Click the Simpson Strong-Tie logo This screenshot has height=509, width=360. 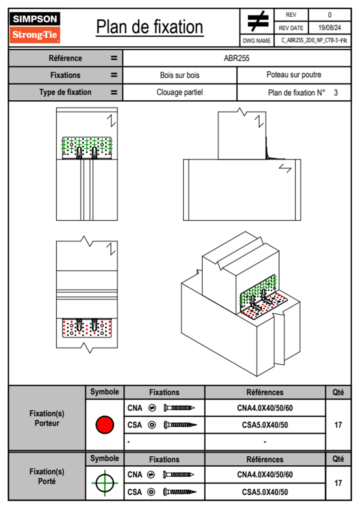coord(35,27)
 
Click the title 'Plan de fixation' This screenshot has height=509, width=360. coord(149,27)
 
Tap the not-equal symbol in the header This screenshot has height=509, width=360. coord(257,21)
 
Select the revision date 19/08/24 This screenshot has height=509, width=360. coord(329,28)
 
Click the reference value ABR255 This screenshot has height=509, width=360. coord(237,58)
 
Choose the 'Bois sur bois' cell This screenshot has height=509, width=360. coord(180,75)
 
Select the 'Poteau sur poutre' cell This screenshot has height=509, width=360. coord(294,75)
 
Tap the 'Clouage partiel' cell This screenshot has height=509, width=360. coord(180,92)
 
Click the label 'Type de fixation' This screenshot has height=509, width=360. coord(65,92)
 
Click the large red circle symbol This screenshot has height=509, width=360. coord(105,425)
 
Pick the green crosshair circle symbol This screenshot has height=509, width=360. coord(105,483)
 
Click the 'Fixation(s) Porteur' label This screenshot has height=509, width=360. coord(47,418)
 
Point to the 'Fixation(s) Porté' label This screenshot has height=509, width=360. coord(47,476)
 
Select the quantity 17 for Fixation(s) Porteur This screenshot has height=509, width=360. coord(338,425)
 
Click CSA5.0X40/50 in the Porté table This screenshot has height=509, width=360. coord(265,492)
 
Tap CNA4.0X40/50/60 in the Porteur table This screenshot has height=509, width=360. coord(265,408)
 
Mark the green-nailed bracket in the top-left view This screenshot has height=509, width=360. coord(87,147)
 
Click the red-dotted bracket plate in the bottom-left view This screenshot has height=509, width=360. coord(87,328)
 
